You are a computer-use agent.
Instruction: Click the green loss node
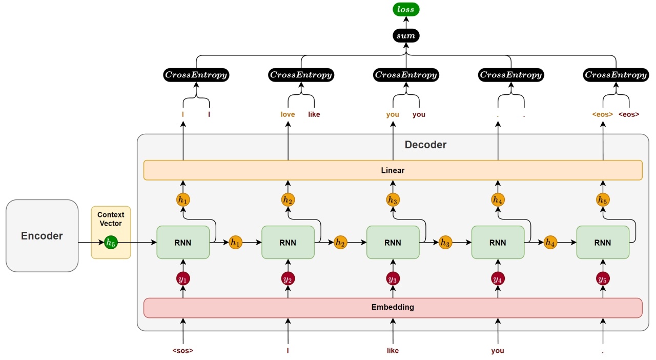pyautogui.click(x=406, y=9)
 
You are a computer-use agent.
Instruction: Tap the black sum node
pyautogui.click(x=406, y=36)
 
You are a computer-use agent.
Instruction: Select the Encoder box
pyautogui.click(x=42, y=236)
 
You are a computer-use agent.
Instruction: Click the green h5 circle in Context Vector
pyautogui.click(x=111, y=243)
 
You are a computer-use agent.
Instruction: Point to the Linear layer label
pyautogui.click(x=393, y=170)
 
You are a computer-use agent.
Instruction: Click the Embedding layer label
pyautogui.click(x=393, y=307)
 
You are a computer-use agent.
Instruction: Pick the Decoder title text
pyautogui.click(x=425, y=145)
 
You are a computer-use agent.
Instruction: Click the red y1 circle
pyautogui.click(x=183, y=279)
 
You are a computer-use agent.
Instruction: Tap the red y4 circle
pyautogui.click(x=498, y=279)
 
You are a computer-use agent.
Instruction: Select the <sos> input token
pyautogui.click(x=183, y=350)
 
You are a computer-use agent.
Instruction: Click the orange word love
pyautogui.click(x=288, y=114)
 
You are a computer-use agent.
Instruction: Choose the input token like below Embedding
pyautogui.click(x=393, y=350)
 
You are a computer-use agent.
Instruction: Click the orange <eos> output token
pyautogui.click(x=603, y=114)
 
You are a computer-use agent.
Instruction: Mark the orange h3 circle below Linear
pyautogui.click(x=393, y=200)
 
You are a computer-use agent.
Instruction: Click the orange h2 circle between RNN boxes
pyautogui.click(x=340, y=243)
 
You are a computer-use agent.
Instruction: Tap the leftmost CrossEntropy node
pyautogui.click(x=196, y=75)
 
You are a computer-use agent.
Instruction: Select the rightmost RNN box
pyautogui.click(x=603, y=243)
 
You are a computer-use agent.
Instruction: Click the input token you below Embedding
pyautogui.click(x=498, y=351)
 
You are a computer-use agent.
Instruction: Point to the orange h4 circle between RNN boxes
pyautogui.click(x=550, y=243)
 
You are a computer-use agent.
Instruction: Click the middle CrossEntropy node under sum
pyautogui.click(x=406, y=75)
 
